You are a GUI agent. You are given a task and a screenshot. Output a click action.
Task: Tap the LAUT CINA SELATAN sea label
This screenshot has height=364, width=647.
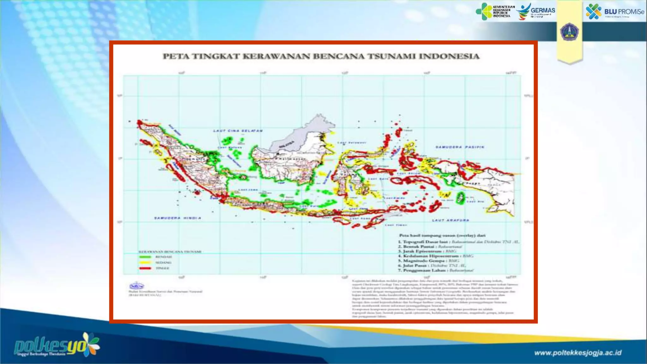[x=238, y=130]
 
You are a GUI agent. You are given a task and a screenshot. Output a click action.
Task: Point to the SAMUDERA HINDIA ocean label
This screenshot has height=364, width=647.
[x=178, y=218]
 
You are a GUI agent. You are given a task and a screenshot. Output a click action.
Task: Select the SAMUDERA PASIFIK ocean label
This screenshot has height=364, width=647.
[x=460, y=147]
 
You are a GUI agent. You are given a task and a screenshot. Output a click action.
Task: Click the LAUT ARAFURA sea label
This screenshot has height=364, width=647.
[x=450, y=220]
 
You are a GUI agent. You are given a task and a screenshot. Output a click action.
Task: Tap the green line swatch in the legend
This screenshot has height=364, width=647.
[x=145, y=257]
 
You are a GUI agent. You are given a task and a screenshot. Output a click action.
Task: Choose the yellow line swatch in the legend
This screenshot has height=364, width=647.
[x=145, y=263]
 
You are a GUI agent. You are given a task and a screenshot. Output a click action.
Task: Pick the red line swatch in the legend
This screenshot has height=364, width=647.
[x=145, y=268]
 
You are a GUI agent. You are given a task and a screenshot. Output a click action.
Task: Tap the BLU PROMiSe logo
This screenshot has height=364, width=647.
[x=614, y=12]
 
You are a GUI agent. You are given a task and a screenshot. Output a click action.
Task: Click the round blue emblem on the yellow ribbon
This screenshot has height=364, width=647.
[x=569, y=32]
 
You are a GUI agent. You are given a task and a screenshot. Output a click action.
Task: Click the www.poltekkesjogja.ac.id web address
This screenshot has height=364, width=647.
[x=578, y=353]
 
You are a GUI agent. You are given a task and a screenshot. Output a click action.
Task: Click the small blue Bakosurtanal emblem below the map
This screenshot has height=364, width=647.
[x=136, y=286]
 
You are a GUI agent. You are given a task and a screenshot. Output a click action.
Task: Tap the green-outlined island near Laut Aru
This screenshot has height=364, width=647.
[x=461, y=198]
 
